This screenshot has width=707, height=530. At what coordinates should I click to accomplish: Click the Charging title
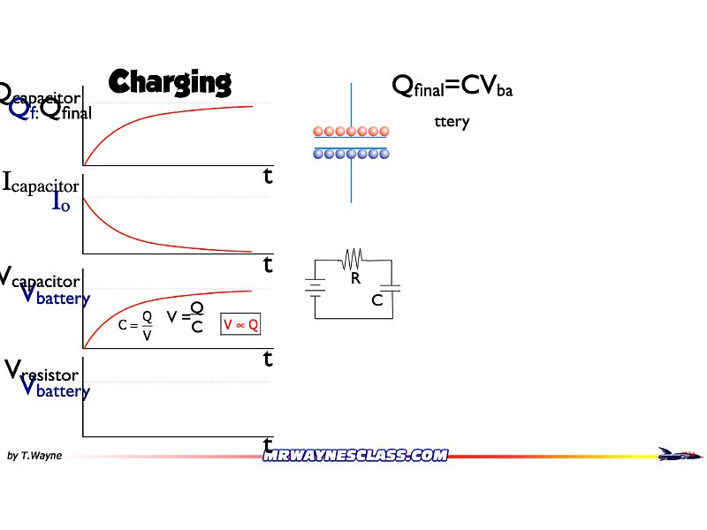[x=170, y=81]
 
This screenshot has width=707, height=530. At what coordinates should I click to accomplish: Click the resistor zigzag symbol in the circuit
[x=353, y=258]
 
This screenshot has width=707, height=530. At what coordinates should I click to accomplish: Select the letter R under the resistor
[x=355, y=278]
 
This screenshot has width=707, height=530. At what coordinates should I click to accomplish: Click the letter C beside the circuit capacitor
[x=377, y=300]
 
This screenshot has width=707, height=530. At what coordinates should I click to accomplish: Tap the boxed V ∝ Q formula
[x=240, y=325]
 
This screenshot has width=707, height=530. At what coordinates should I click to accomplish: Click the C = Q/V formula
[x=136, y=325]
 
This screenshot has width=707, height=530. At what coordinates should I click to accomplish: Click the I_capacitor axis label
[x=41, y=184]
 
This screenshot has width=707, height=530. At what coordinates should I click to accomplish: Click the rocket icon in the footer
[x=680, y=454]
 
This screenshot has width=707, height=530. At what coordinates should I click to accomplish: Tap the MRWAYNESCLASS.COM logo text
[x=355, y=455]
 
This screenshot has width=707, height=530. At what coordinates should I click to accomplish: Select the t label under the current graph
[x=268, y=263]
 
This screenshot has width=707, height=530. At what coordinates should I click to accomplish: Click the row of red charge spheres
[x=351, y=132]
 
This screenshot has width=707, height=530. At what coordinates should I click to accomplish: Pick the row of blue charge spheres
[x=351, y=154]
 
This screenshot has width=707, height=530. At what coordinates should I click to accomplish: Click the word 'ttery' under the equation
[x=452, y=122]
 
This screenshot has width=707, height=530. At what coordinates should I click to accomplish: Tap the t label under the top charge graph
[x=268, y=176]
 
